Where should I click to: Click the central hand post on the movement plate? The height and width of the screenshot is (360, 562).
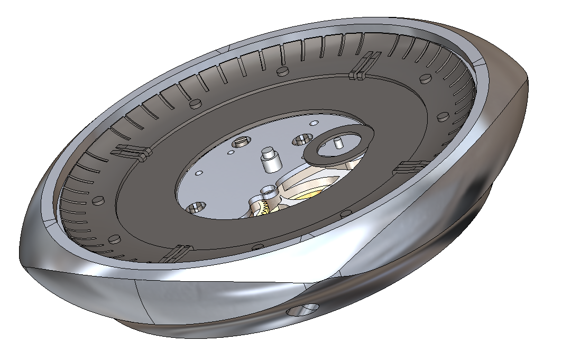tap(270, 159)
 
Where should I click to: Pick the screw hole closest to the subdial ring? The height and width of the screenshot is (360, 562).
tap(303, 140)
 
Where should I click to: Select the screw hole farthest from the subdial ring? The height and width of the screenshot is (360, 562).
tap(195, 208)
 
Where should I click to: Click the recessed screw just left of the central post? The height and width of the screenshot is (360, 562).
tap(243, 142)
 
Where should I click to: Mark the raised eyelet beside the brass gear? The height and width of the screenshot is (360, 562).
tap(270, 190)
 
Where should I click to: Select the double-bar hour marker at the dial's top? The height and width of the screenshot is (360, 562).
tap(364, 66)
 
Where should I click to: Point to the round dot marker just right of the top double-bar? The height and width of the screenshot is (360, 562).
tap(423, 79)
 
